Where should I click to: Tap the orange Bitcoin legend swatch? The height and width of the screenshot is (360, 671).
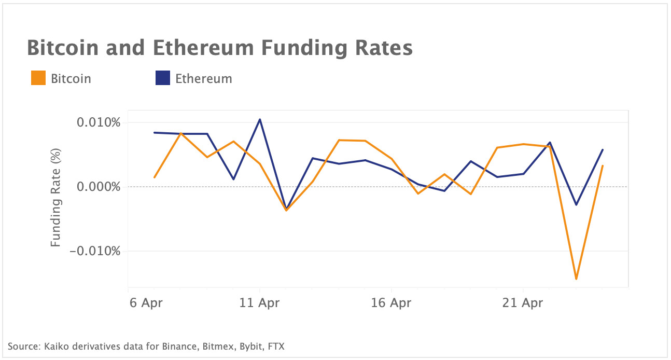(x=38, y=78)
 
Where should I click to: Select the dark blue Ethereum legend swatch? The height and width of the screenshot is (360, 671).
(x=163, y=78)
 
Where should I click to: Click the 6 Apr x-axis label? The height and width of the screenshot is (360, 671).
(x=146, y=302)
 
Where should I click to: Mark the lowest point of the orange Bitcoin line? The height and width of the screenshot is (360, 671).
(x=576, y=279)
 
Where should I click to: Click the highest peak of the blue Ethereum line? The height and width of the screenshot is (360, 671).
(x=260, y=119)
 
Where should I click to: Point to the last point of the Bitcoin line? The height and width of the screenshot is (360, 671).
(x=603, y=165)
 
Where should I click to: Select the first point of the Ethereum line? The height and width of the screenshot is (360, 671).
(x=155, y=133)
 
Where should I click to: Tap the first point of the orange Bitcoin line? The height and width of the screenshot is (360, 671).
(x=155, y=177)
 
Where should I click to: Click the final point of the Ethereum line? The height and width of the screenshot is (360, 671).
(x=603, y=149)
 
